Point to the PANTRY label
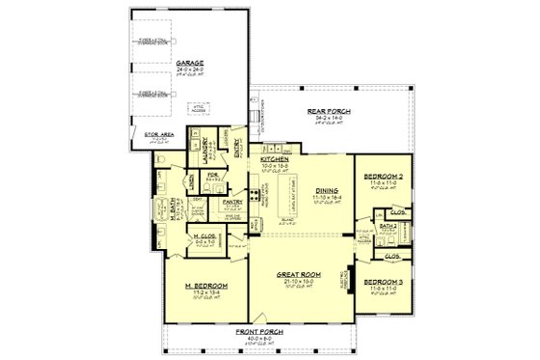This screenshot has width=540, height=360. tap(231, 202)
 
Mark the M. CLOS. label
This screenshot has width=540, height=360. tap(203, 235)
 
